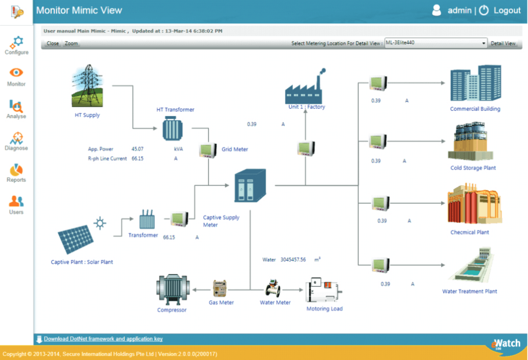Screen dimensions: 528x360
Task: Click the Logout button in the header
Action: coord(500,10)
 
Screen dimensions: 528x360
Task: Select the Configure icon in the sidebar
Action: coord(16,42)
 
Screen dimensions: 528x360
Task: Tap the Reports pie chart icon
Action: coord(16,170)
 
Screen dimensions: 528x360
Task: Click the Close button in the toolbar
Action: coord(53,44)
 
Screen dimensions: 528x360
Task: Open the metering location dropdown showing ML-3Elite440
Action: coord(436,43)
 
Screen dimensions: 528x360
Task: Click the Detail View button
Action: coord(502,44)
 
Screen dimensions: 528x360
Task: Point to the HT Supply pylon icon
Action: coord(87,85)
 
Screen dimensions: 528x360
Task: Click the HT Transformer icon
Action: coord(172,128)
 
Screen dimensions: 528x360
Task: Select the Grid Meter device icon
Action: coord(208,150)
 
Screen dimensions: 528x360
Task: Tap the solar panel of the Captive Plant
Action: coord(76,239)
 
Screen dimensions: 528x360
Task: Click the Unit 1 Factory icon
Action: coord(304,87)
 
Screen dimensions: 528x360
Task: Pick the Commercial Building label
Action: coord(475,109)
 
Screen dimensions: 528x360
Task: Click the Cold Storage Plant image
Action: coord(471,141)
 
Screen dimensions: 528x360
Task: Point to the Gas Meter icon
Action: coord(219,289)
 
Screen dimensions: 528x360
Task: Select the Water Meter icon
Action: coord(273,288)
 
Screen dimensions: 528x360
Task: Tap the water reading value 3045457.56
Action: coord(293,260)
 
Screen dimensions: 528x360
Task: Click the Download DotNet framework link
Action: coord(103,339)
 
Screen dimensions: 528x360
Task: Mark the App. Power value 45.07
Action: coord(138,149)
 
